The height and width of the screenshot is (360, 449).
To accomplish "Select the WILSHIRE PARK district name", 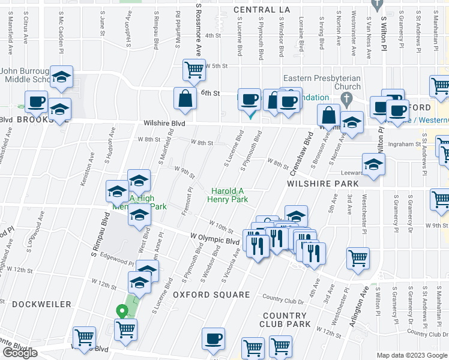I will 323,184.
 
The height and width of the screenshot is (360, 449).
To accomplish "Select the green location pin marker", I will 121,311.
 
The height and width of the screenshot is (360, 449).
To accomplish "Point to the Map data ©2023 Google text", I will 411,355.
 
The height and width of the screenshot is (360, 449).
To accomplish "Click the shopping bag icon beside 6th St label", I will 184,98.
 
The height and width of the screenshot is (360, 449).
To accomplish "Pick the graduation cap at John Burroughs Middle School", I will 61,76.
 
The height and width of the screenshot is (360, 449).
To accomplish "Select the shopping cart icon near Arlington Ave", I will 358,257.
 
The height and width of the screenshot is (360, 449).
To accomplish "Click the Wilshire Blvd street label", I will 164,123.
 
